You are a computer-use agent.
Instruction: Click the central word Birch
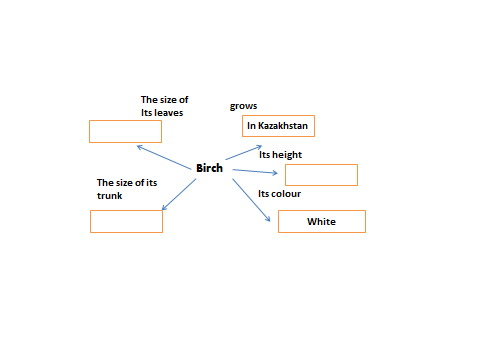tap(209, 168)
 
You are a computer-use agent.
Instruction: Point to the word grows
tap(243, 106)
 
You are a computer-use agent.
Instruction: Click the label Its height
tap(280, 155)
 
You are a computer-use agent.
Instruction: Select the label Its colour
tap(279, 194)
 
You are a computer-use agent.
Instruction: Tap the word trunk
tap(110, 196)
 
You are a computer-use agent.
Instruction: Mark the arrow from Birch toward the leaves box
tap(164, 157)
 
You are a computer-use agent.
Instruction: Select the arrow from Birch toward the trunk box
tap(179, 194)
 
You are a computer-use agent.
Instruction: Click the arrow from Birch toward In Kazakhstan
tap(244, 153)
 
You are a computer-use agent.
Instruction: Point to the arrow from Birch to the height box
tap(255, 171)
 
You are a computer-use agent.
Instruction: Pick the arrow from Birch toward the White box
tap(251, 200)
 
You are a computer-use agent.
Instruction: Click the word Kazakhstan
tap(283, 126)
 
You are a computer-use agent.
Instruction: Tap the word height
tap(287, 155)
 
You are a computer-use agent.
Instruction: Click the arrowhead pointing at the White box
tap(268, 219)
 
